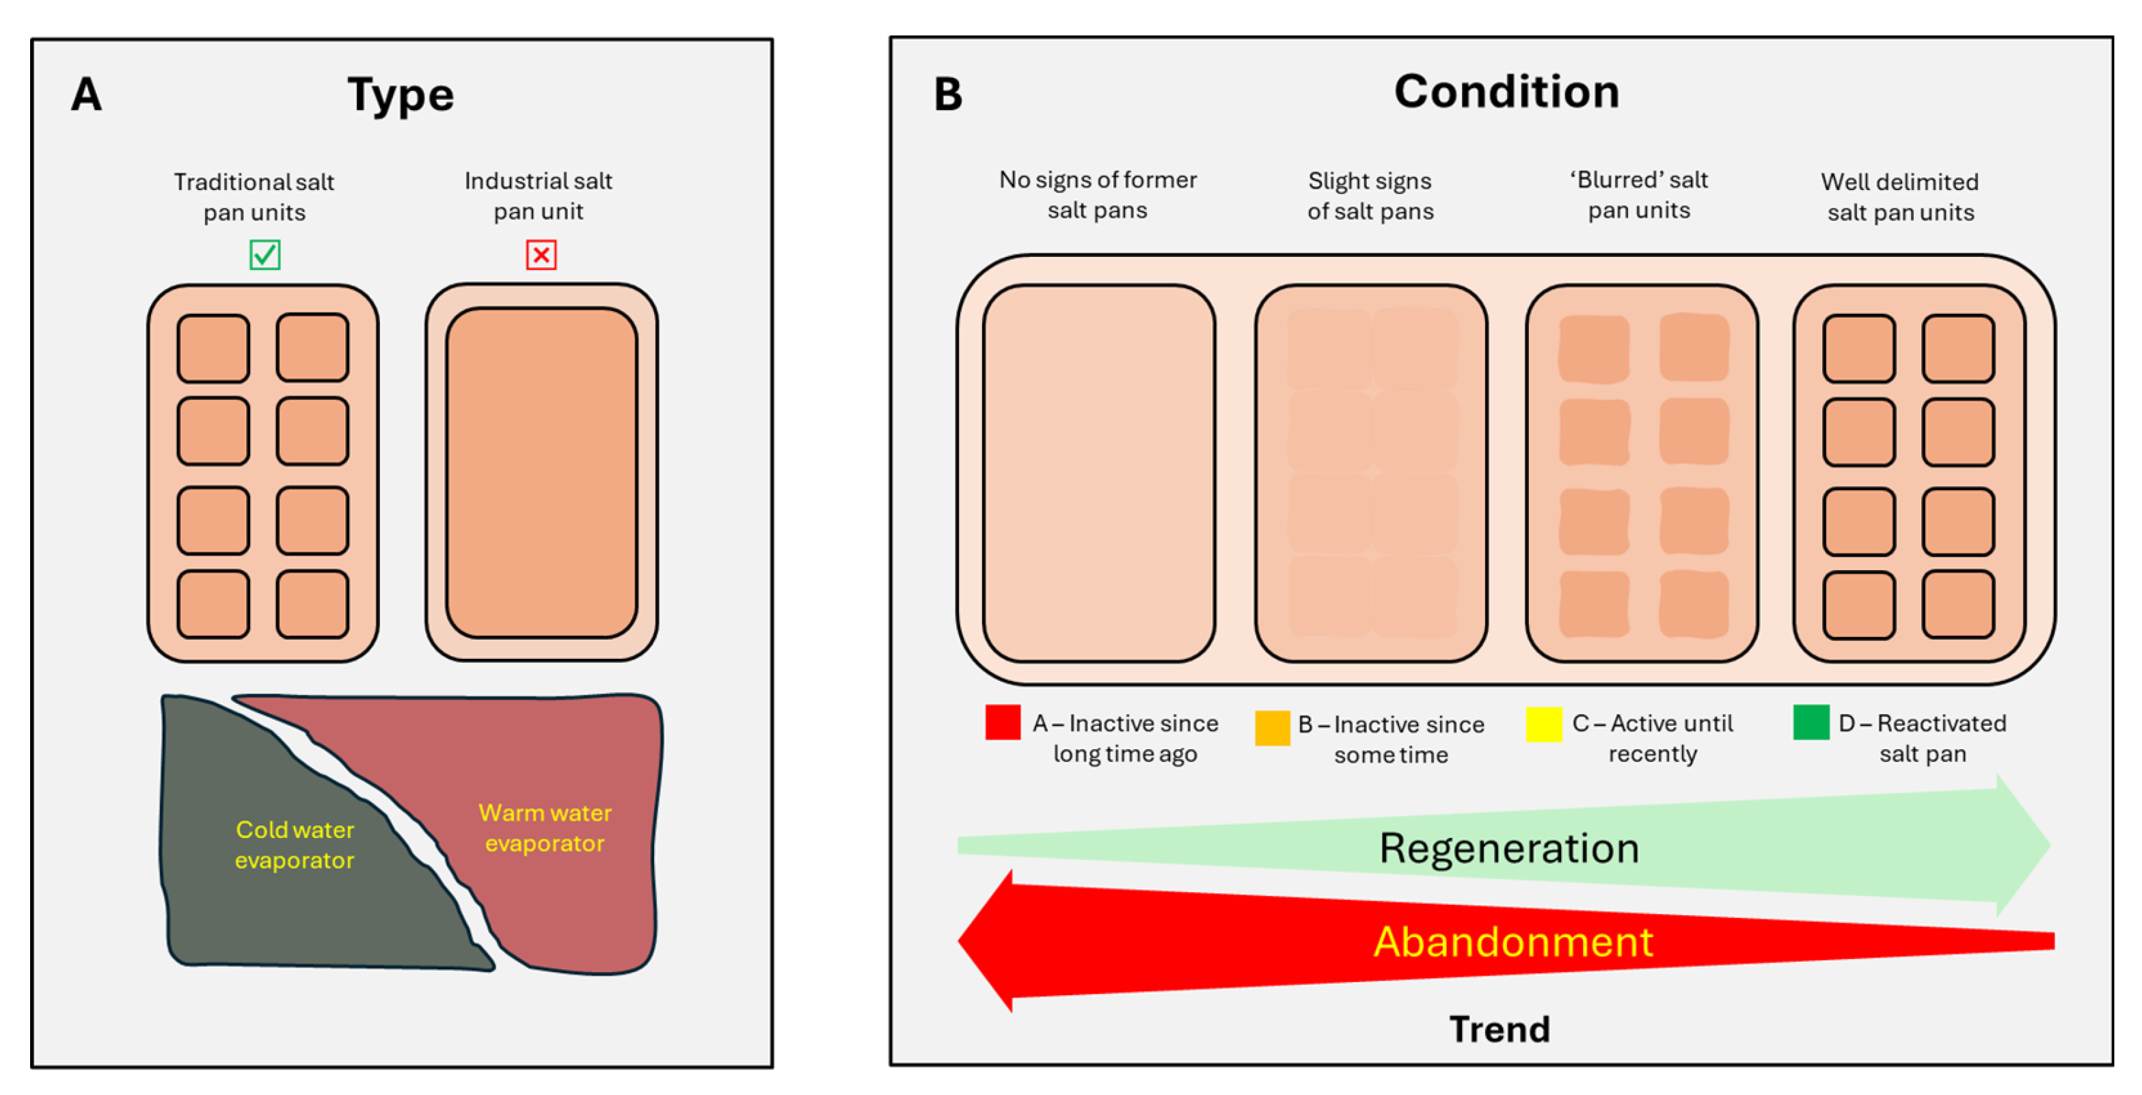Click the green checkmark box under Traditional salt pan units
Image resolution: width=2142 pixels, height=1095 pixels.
(x=265, y=254)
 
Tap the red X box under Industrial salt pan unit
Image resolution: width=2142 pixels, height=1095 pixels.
(x=541, y=254)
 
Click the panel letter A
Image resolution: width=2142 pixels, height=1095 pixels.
(x=87, y=94)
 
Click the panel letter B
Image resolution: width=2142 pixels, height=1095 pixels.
(x=948, y=94)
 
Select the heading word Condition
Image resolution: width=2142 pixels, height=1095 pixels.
(x=1507, y=92)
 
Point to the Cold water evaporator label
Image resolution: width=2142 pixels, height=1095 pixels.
(x=295, y=845)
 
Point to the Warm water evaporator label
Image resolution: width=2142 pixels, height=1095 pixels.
(x=545, y=828)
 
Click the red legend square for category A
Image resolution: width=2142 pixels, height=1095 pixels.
(x=1003, y=722)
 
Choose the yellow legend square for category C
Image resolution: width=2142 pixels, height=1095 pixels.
(x=1544, y=724)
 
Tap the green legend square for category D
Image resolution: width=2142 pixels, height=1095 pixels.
(x=1811, y=722)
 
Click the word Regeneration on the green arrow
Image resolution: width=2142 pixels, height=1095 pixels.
(x=1509, y=848)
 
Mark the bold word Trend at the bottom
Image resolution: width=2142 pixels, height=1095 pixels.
(x=1500, y=1029)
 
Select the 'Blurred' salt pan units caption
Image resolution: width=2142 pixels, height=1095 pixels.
(x=1639, y=195)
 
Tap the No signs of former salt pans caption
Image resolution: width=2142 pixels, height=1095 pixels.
(x=1098, y=195)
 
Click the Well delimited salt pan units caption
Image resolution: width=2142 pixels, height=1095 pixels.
(x=1900, y=197)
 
